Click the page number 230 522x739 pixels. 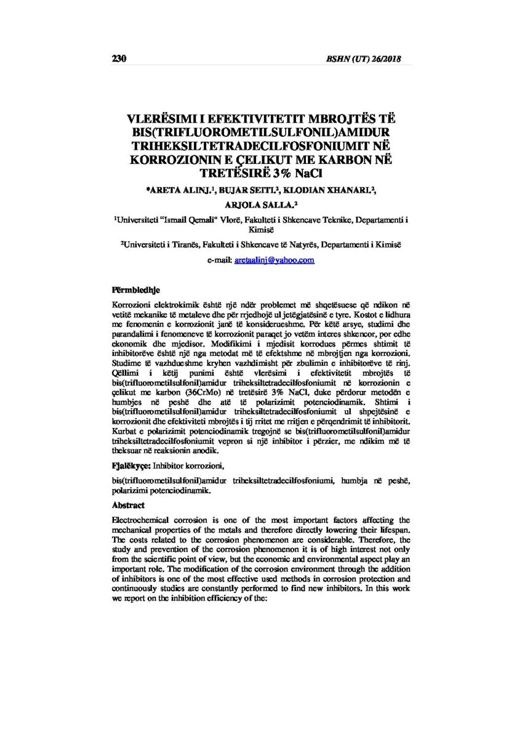click(x=119, y=59)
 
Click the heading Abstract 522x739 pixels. click(x=127, y=505)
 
